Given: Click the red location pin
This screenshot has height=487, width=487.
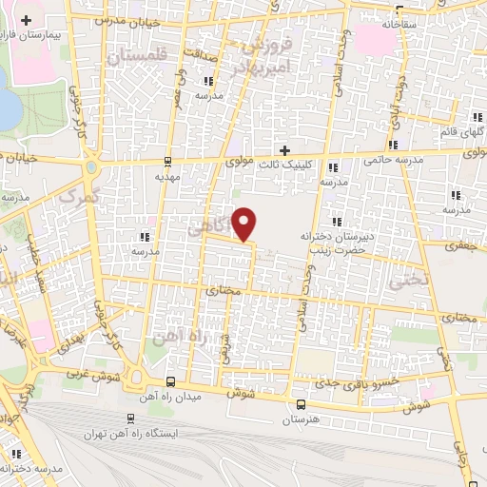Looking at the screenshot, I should coord(245,223).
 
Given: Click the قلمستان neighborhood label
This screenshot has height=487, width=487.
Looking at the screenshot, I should coord(137,57).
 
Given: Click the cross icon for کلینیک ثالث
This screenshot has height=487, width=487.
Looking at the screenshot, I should coord(283,149).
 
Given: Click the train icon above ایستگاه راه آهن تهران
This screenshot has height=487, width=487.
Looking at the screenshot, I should coord(130,418).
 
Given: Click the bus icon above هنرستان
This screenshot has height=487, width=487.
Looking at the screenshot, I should coord(301,402).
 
